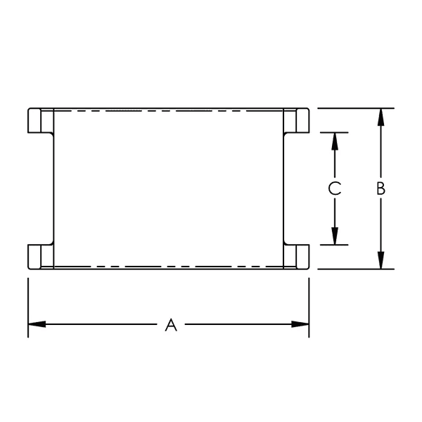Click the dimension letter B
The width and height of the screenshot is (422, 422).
tap(380, 188)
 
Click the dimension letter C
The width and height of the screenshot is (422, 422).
tap(335, 188)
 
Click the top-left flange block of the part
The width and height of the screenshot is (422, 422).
tap(41, 121)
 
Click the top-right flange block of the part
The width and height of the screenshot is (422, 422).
tap(296, 121)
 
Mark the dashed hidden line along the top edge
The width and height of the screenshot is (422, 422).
tap(169, 110)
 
